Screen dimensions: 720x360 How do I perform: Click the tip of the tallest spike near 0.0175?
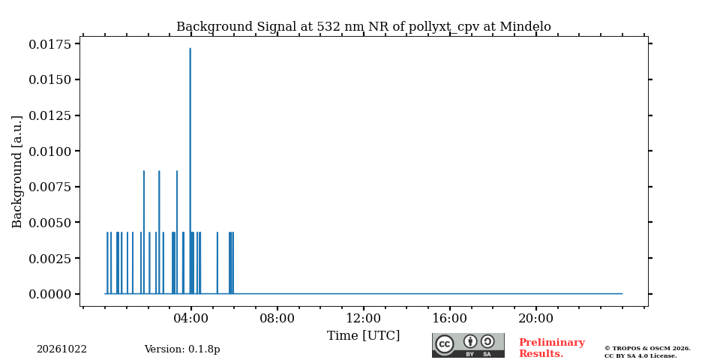click(190, 48)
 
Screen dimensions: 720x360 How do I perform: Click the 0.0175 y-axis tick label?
click(50, 44)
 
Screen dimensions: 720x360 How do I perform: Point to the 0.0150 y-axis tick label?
click(50, 79)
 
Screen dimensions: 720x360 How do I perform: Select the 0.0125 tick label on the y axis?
click(50, 115)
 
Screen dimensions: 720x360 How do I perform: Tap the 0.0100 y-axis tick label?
click(50, 151)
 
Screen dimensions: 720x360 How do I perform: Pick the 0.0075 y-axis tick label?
click(50, 187)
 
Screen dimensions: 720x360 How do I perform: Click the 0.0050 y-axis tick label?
click(50, 222)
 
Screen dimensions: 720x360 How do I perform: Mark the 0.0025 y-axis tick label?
click(50, 258)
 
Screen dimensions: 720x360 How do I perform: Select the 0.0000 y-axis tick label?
click(50, 294)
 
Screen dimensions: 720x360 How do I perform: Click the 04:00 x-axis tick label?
click(191, 318)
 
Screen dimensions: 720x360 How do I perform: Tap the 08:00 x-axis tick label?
click(277, 318)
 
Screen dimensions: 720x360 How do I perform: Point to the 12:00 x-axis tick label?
click(363, 318)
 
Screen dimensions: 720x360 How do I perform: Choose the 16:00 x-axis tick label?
click(449, 318)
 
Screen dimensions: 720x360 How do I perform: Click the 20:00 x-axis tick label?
click(535, 318)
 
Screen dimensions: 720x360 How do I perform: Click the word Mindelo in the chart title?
click(525, 27)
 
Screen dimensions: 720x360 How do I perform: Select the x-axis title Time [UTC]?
click(363, 336)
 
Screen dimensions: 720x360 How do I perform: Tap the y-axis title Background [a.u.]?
click(17, 172)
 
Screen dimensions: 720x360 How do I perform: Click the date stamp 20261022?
click(61, 349)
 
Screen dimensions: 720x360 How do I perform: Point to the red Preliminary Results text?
click(551, 348)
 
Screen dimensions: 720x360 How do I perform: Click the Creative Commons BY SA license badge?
click(468, 345)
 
